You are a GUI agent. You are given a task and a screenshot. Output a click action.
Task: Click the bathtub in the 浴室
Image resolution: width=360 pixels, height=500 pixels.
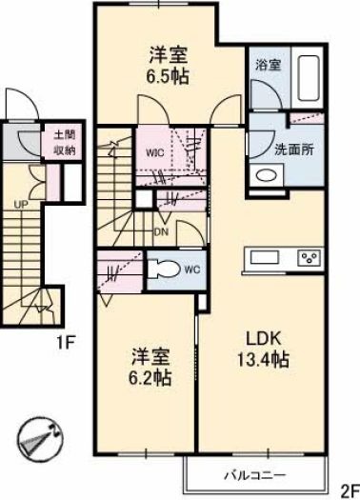pos(309,78)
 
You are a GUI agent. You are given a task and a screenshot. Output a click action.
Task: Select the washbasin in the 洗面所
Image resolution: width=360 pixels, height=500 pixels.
pos(267,174)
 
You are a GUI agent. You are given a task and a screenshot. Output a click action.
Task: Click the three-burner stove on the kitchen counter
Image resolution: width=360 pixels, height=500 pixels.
pos(310,257)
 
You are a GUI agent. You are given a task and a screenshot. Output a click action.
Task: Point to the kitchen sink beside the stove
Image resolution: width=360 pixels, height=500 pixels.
pos(265,257)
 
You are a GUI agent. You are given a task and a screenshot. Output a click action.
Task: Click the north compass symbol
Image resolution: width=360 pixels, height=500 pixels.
pos(40,439)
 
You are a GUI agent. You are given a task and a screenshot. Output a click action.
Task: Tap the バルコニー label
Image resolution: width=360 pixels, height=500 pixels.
pos(254,476)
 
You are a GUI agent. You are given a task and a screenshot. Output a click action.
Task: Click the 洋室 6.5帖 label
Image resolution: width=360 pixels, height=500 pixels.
pos(168,66)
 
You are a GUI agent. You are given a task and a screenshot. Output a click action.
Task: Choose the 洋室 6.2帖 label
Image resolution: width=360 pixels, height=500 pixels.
pos(150,368)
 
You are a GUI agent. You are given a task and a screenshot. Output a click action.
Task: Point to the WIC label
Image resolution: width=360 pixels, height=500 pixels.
pos(155,153)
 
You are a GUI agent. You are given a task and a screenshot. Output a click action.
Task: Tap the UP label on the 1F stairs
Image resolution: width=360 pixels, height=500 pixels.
pos(21,204)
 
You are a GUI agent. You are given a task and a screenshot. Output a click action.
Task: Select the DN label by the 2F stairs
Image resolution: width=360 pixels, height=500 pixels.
pos(161,232)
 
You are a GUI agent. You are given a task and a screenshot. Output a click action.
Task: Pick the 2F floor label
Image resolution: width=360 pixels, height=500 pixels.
pos(350,492)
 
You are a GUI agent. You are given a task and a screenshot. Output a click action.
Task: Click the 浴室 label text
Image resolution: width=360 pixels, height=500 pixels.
pos(269,65)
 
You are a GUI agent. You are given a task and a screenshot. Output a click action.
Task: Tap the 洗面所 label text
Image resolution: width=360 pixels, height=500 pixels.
pos(294,150)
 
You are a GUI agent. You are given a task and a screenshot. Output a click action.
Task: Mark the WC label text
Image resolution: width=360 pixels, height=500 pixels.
pos(192,270)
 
